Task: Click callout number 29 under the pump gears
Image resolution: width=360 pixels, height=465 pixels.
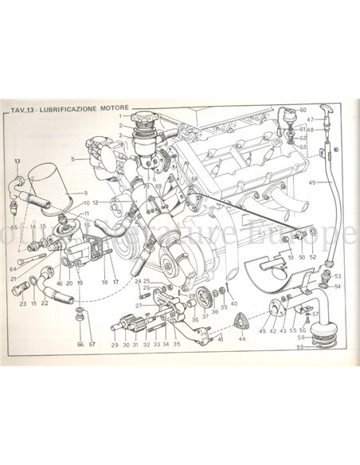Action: click(x=114, y=346)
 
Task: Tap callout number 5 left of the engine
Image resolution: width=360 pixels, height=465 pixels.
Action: click(x=72, y=159)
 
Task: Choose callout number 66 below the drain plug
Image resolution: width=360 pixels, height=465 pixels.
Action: click(x=80, y=344)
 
